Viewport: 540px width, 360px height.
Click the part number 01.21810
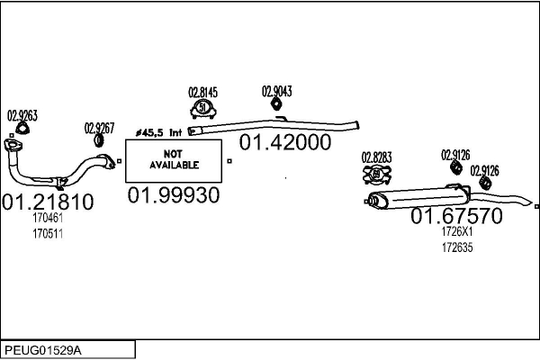point(49,202)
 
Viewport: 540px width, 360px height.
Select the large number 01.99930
point(174,195)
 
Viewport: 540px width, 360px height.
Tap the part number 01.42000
point(284,142)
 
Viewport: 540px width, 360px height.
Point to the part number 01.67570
point(456,216)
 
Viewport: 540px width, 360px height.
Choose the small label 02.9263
point(22,115)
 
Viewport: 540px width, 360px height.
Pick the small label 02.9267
point(100,128)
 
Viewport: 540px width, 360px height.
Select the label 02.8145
point(202,92)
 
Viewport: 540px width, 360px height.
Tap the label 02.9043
point(277,91)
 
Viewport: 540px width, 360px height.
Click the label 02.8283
point(377,157)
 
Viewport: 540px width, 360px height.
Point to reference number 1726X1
point(457,231)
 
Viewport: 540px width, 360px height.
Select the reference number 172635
point(457,246)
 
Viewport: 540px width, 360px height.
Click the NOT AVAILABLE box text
point(173,159)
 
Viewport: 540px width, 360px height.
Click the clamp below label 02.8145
point(203,110)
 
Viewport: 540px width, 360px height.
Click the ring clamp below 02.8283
point(377,174)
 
